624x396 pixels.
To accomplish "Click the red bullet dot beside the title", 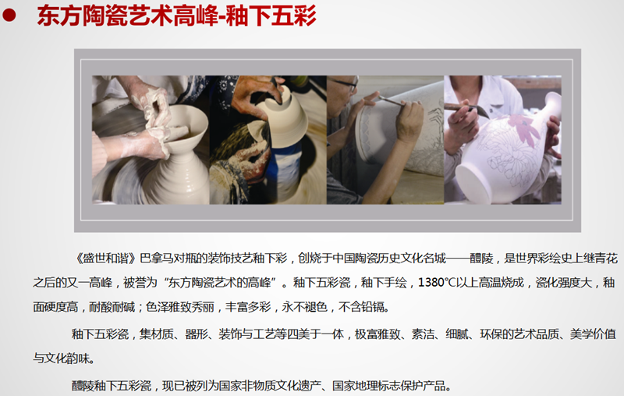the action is [x=9, y=16].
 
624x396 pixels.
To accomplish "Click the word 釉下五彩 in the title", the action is [x=271, y=16].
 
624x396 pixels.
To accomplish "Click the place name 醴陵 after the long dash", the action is [x=481, y=259].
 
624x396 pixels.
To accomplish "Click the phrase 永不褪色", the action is [x=304, y=307].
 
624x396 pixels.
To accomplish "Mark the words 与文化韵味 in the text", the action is [x=61, y=359].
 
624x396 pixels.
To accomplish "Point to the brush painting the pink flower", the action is [x=466, y=108].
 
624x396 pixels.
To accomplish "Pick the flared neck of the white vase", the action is [x=551, y=105].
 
